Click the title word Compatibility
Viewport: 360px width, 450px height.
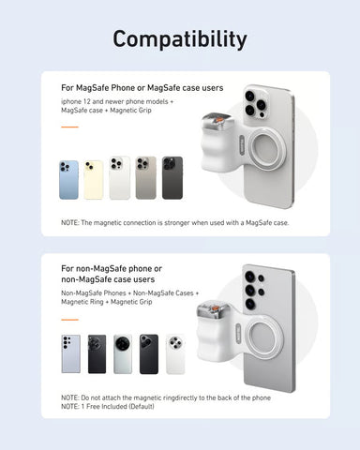180,38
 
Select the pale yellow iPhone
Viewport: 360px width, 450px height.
94,178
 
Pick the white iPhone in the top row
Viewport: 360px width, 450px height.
120,178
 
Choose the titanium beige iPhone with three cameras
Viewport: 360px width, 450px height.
146,178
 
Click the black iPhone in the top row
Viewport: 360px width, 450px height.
172,178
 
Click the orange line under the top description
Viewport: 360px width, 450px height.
68,128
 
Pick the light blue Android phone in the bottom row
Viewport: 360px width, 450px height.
70,353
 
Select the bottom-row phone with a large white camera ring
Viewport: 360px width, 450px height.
123,353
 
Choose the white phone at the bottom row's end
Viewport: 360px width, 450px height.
174,353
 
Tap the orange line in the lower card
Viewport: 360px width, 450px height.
68,318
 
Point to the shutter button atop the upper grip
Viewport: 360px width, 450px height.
218,121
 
